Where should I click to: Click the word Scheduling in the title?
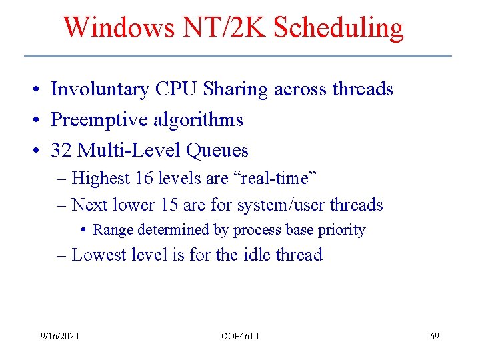pos(339,28)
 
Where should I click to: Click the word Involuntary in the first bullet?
pos(100,89)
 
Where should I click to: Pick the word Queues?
pos(217,151)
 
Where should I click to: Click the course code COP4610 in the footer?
pos(240,336)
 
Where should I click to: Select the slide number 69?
pos(435,336)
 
